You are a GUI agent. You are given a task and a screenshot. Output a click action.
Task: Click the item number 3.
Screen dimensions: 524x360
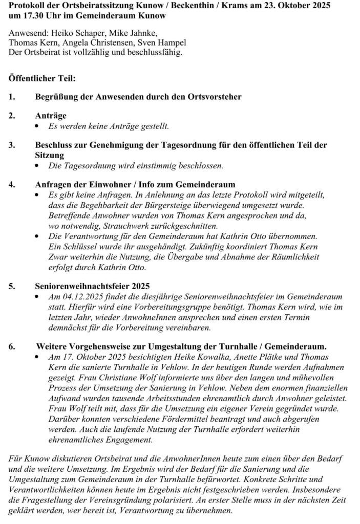12,145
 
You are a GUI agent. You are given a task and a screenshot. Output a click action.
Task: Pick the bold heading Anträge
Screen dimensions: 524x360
51,116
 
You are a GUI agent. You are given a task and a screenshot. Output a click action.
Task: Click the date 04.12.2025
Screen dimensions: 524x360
79,297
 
